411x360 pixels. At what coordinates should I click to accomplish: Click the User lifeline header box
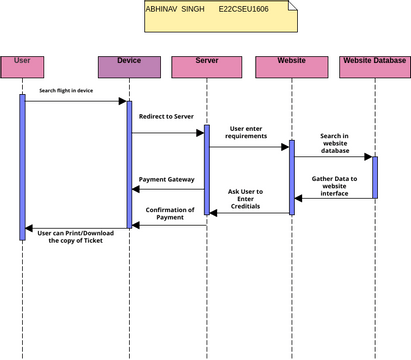click(22, 67)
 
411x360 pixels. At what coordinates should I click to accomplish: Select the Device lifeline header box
click(128, 67)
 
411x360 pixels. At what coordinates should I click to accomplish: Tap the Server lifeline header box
click(207, 67)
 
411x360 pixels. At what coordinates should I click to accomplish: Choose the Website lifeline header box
click(291, 67)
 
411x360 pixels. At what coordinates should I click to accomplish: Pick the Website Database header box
click(375, 67)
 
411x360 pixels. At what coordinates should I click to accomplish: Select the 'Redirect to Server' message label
click(167, 116)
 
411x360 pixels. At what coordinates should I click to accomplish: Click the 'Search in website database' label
click(335, 143)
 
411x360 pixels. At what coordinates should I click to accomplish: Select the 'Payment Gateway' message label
click(167, 180)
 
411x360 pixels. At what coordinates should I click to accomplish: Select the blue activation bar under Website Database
click(375, 176)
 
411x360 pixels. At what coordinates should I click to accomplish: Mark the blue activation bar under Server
click(207, 170)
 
